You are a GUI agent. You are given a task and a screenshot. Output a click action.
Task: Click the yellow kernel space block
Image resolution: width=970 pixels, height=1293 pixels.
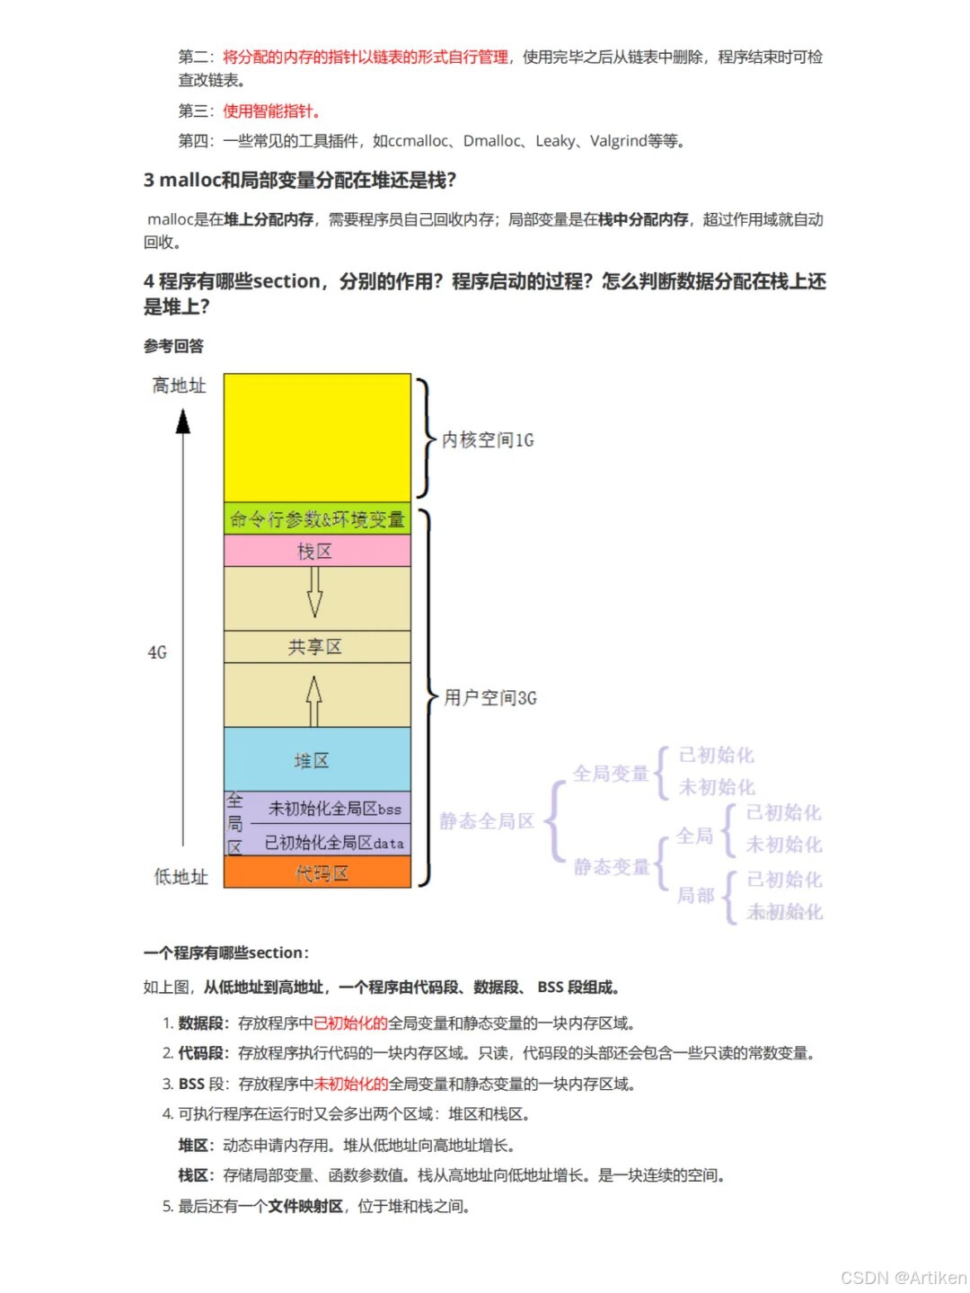(317, 437)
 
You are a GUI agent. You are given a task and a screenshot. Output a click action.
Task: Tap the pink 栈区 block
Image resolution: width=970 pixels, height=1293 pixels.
(317, 551)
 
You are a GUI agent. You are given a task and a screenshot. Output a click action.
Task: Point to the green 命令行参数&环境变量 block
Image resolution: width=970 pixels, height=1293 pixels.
(317, 519)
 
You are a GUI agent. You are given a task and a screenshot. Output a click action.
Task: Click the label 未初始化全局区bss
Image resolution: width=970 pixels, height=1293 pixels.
(334, 809)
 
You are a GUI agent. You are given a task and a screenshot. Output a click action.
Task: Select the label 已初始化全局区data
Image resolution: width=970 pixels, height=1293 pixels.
(334, 843)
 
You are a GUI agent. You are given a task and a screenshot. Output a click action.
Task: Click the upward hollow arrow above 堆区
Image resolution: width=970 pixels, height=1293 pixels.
(314, 701)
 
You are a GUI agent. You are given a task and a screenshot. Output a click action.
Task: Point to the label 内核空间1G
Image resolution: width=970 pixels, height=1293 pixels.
(488, 439)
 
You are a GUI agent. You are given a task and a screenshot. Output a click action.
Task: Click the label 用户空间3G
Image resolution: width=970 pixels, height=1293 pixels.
(490, 697)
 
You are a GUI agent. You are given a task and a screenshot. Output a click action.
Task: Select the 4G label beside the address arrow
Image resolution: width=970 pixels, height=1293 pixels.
(157, 652)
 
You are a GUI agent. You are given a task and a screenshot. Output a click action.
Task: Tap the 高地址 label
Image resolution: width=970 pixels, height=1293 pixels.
(179, 385)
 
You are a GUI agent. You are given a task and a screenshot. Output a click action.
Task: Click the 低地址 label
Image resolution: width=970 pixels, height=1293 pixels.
(181, 876)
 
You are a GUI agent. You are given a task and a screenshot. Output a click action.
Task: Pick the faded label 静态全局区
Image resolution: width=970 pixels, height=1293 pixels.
(487, 821)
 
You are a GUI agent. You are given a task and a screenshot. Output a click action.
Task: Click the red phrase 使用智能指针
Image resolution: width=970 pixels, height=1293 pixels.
(271, 111)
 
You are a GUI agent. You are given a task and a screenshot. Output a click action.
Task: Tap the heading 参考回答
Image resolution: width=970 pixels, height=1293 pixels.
(173, 346)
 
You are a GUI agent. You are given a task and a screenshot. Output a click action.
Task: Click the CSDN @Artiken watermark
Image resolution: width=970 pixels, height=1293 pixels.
(903, 1277)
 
